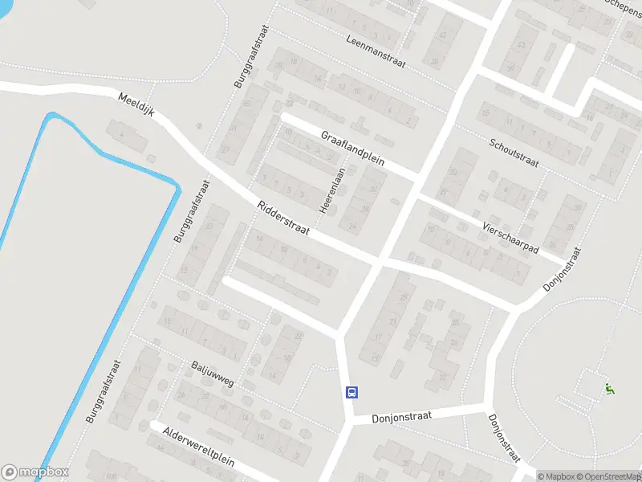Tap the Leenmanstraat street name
376,52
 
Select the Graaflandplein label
353,149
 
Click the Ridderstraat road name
283,219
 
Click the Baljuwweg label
213,374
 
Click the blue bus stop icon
351,393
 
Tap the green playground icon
609,389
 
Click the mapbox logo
35,472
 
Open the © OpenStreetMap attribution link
607,476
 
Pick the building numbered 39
511,67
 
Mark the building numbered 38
434,61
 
